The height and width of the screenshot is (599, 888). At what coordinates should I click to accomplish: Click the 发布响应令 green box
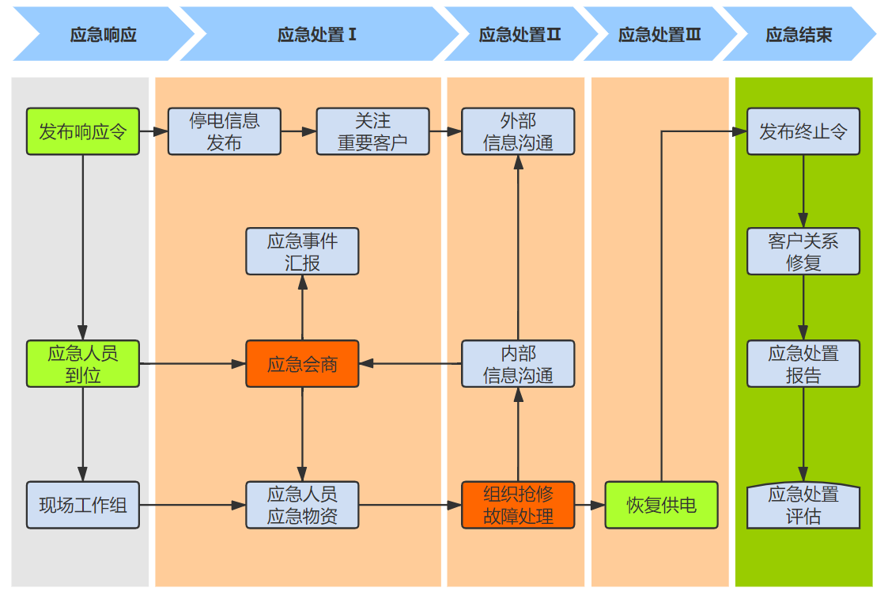(83, 131)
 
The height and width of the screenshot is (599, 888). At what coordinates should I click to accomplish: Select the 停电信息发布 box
(224, 131)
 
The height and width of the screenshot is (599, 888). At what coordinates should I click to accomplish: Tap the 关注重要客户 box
(372, 131)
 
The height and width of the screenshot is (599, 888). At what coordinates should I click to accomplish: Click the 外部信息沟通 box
(518, 131)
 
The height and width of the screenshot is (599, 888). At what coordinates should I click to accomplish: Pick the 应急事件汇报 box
(302, 252)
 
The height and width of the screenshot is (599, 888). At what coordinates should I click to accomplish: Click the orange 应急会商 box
(302, 364)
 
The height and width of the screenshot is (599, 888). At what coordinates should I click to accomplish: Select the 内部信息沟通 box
(518, 364)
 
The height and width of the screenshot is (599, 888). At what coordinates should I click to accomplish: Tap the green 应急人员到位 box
(83, 364)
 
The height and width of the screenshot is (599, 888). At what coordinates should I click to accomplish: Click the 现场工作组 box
(83, 505)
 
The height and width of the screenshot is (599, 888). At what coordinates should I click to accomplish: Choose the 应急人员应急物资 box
(302, 505)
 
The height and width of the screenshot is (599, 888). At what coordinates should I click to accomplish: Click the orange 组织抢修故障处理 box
(518, 505)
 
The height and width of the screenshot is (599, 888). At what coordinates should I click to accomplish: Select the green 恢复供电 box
(661, 505)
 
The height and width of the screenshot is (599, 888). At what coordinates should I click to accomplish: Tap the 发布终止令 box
(803, 131)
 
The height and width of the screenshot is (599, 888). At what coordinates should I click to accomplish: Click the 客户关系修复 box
(803, 252)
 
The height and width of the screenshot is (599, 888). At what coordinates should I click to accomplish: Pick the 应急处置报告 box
(803, 364)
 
